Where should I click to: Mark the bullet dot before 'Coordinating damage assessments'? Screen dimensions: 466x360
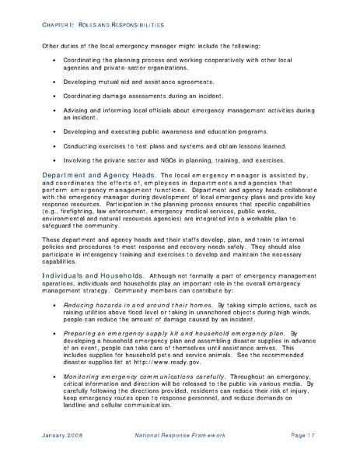[x=54, y=96]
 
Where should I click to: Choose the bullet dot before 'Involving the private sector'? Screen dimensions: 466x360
[x=54, y=161]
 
